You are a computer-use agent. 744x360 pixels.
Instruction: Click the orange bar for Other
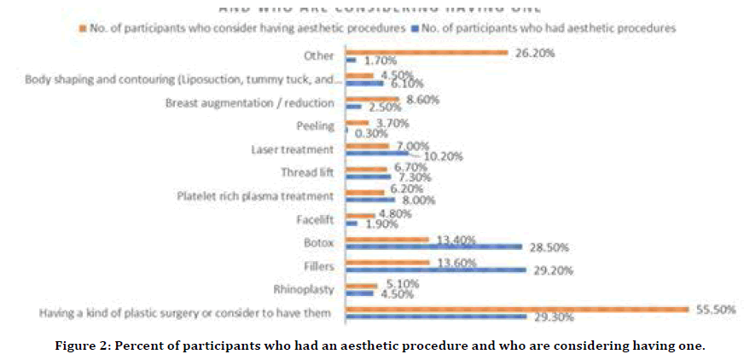[427, 53]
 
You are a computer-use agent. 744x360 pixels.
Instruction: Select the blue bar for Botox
[433, 247]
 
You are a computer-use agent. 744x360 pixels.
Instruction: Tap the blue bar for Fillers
[435, 270]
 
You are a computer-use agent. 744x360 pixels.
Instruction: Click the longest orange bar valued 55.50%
[516, 309]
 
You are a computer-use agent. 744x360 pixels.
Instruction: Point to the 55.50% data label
[715, 309]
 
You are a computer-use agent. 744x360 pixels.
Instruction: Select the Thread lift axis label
[305, 171]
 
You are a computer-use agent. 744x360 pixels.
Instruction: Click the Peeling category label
[315, 125]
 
